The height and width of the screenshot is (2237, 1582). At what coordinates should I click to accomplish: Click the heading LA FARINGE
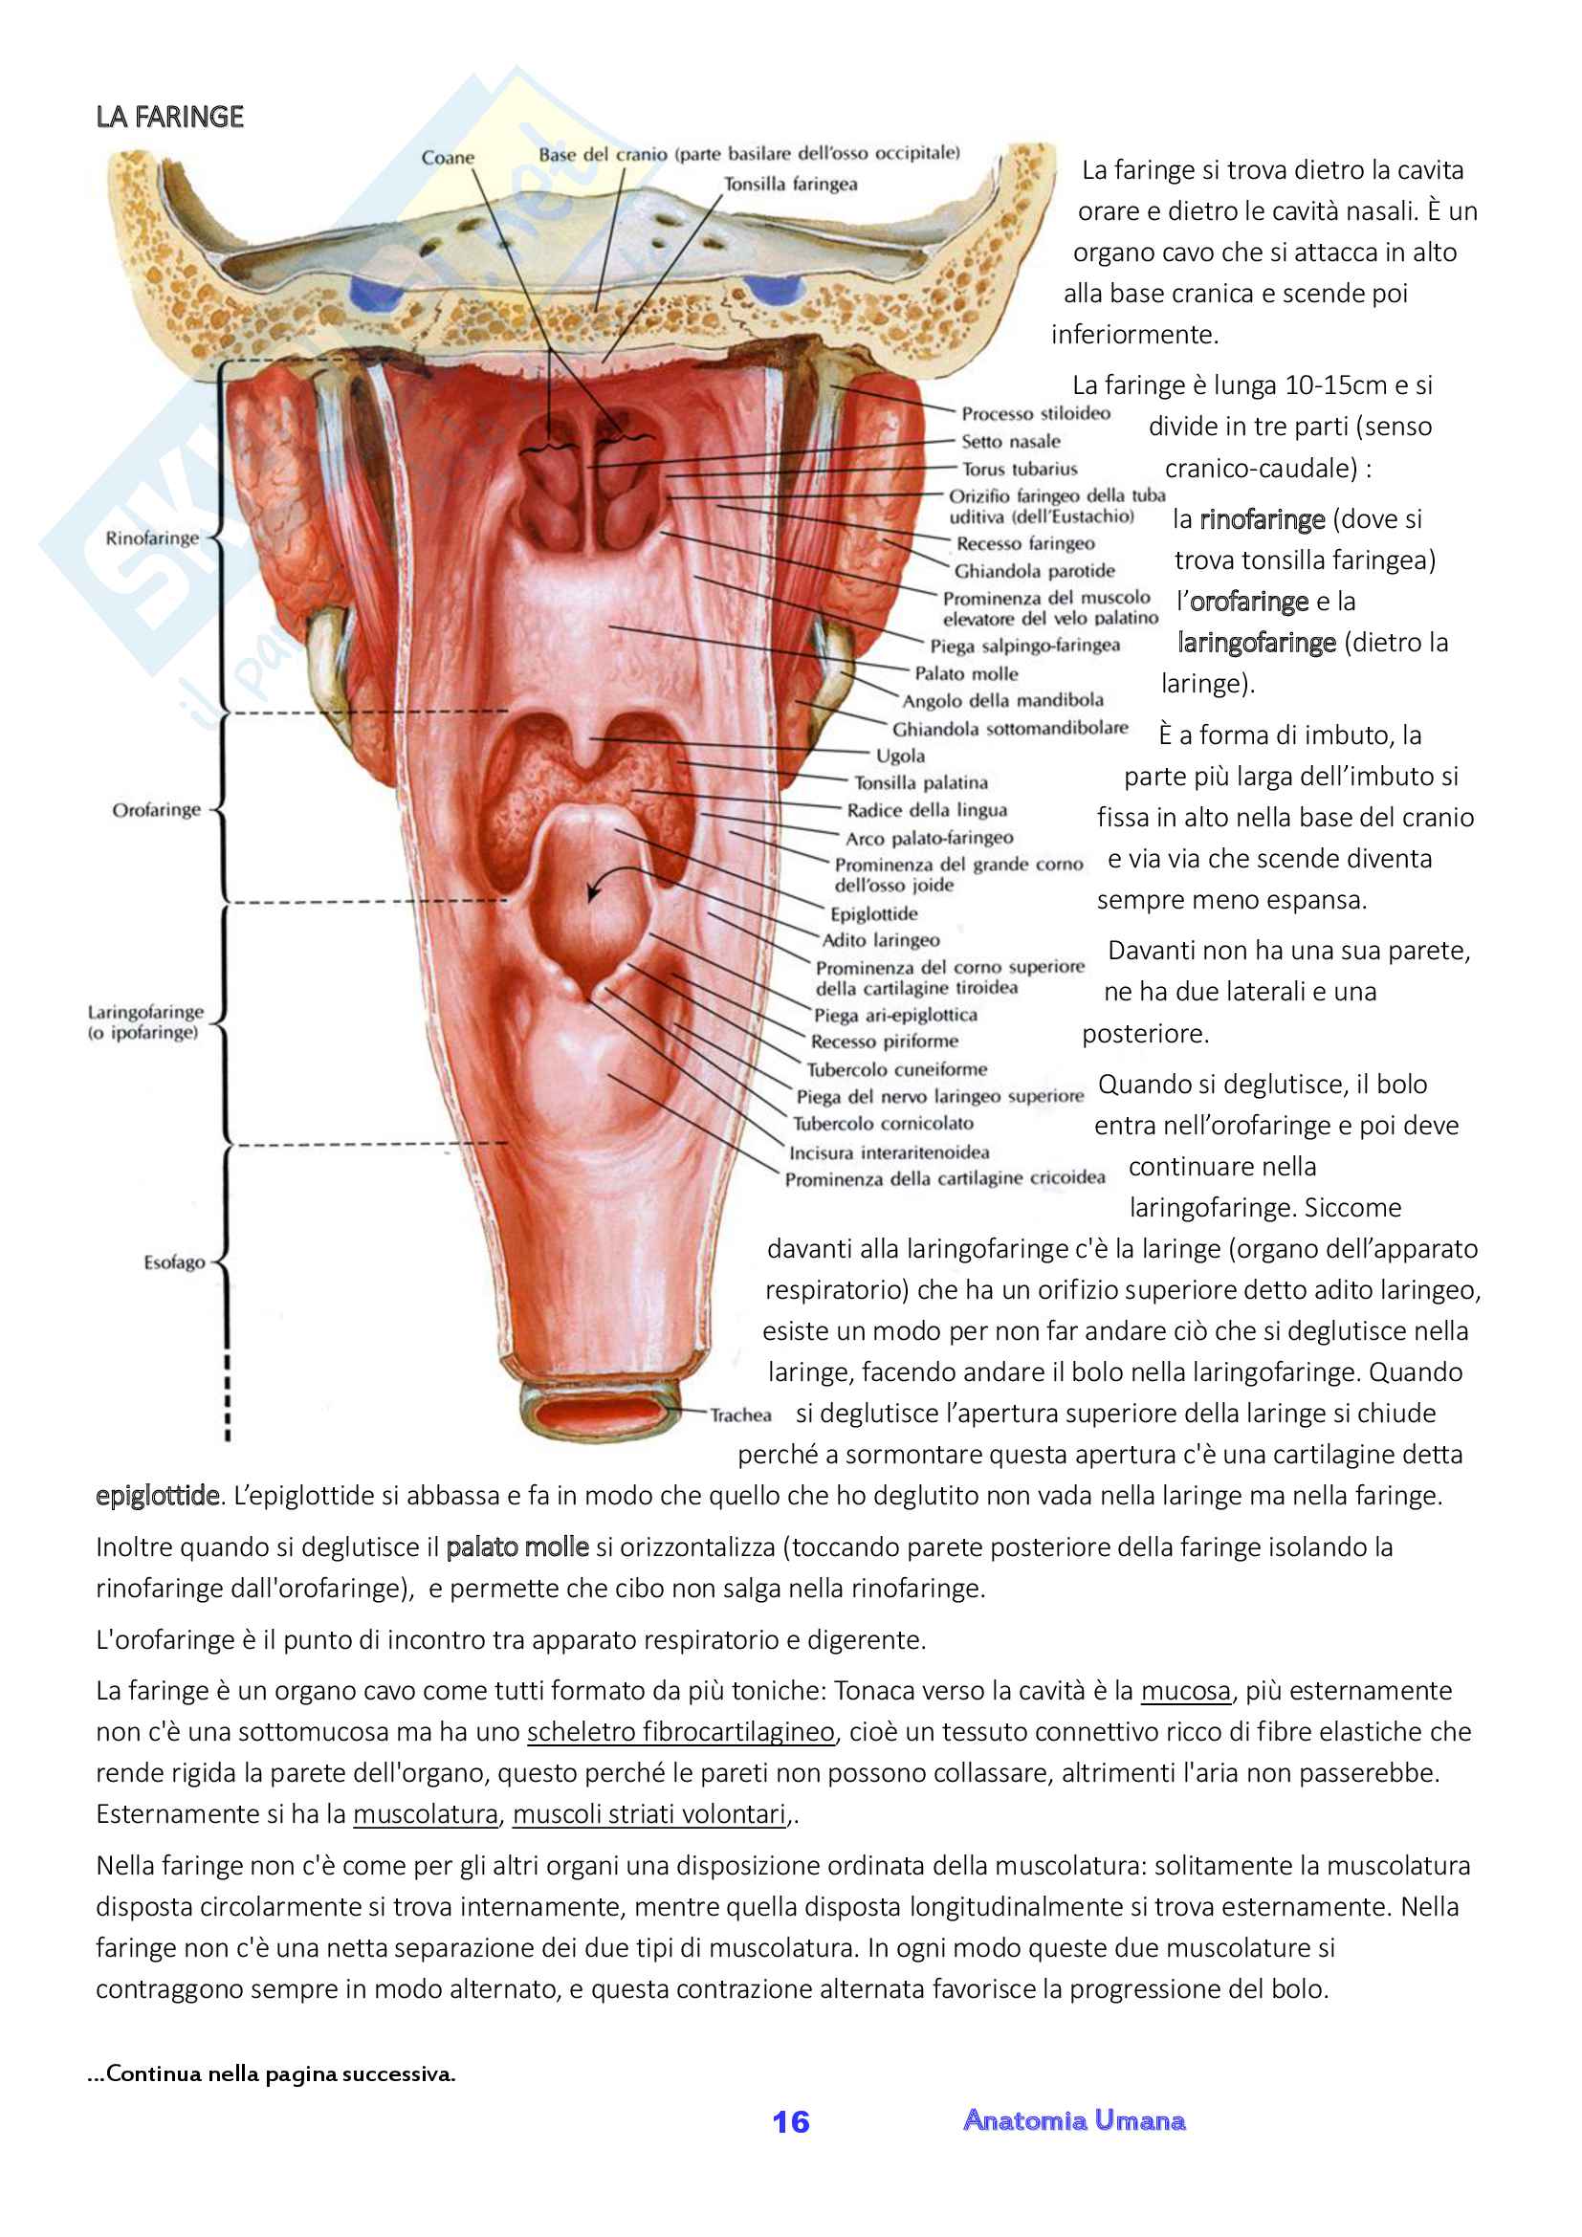pos(169,117)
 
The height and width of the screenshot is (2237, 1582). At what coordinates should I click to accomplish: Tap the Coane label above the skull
pos(447,158)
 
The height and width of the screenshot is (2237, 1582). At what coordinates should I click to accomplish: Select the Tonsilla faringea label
pos(790,185)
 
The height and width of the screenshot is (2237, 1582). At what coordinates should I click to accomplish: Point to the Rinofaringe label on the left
pos(152,537)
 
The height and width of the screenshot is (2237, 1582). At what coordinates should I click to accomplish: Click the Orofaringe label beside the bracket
pos(156,810)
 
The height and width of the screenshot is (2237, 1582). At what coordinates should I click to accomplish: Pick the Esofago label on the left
pos(174,1262)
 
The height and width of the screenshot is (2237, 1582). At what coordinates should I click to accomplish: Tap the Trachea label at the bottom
pos(740,1415)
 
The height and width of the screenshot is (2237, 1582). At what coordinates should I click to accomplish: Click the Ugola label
pos(900,756)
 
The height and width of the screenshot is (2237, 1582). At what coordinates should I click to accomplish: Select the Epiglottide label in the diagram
pos(874,913)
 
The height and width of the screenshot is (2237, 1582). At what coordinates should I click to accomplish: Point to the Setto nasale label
pos(1010,441)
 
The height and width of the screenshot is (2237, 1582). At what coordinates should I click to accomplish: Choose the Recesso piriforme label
pos(885,1041)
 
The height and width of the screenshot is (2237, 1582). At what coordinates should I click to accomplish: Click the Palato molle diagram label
pos(965,673)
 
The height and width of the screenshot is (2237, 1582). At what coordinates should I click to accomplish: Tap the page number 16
pos(790,2121)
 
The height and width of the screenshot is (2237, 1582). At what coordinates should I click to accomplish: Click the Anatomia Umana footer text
pos(1073,2119)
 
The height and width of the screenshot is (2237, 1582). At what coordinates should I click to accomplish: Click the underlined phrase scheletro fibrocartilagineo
pos(681,1731)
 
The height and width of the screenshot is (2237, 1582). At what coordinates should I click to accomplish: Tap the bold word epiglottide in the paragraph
pos(157,1496)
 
